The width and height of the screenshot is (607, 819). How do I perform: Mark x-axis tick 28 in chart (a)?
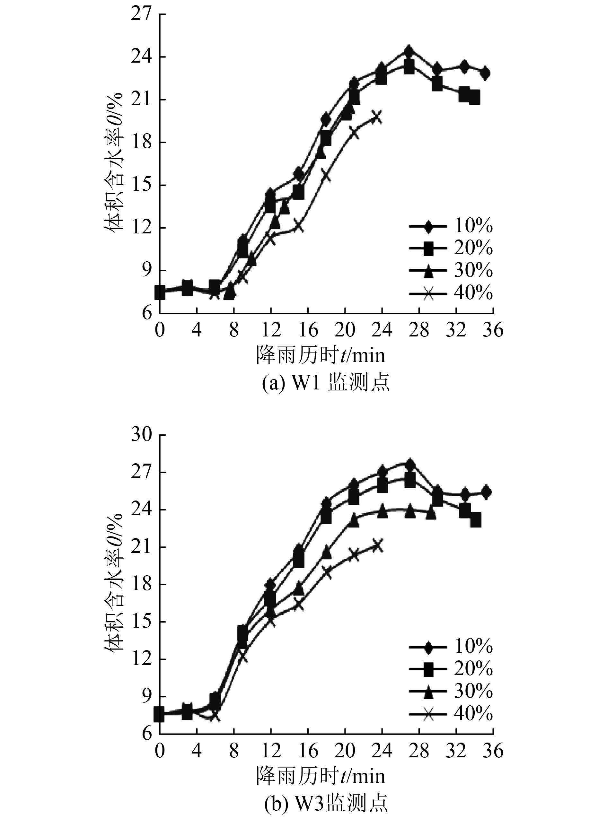[x=419, y=331]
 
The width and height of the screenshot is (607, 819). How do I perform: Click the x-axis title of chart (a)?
[x=321, y=355]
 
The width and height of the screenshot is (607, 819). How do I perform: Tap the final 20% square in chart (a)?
[x=474, y=98]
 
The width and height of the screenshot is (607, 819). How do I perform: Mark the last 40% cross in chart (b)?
[x=377, y=546]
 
